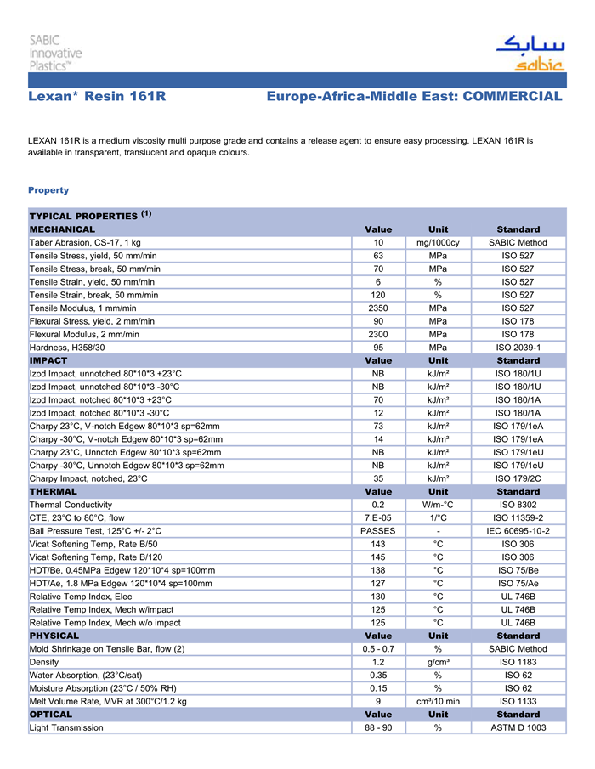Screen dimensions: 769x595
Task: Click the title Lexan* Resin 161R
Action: (97, 97)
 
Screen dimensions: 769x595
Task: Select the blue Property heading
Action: (48, 190)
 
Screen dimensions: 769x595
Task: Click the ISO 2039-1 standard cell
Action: (518, 347)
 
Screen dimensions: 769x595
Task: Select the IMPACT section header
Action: (48, 360)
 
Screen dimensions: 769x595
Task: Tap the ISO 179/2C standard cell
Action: (518, 478)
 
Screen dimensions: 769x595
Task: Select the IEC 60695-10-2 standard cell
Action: (518, 531)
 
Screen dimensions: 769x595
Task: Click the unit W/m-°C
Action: (438, 505)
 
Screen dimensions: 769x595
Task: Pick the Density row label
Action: (44, 662)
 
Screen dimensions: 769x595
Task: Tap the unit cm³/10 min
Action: (438, 701)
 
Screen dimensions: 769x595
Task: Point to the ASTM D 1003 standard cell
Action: (518, 727)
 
